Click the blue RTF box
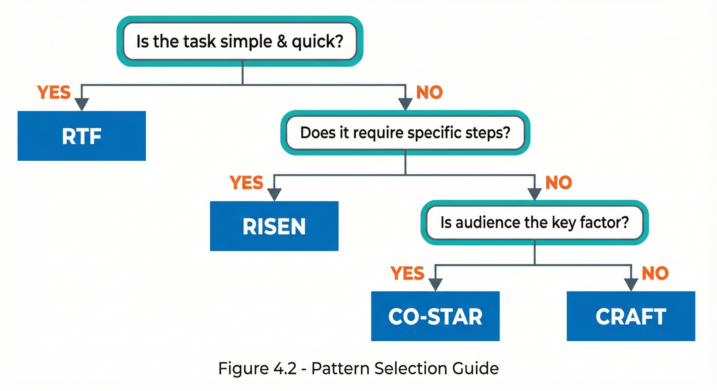[x=81, y=136]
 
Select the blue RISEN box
[x=274, y=226]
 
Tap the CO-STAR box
[x=435, y=316]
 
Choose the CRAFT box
[x=631, y=316]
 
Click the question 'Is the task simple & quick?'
[x=240, y=41]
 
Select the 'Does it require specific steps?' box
[x=405, y=132]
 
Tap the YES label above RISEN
[x=246, y=183]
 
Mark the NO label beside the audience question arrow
[x=559, y=183]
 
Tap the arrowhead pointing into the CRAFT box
[x=631, y=284]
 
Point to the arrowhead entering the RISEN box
[x=274, y=194]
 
